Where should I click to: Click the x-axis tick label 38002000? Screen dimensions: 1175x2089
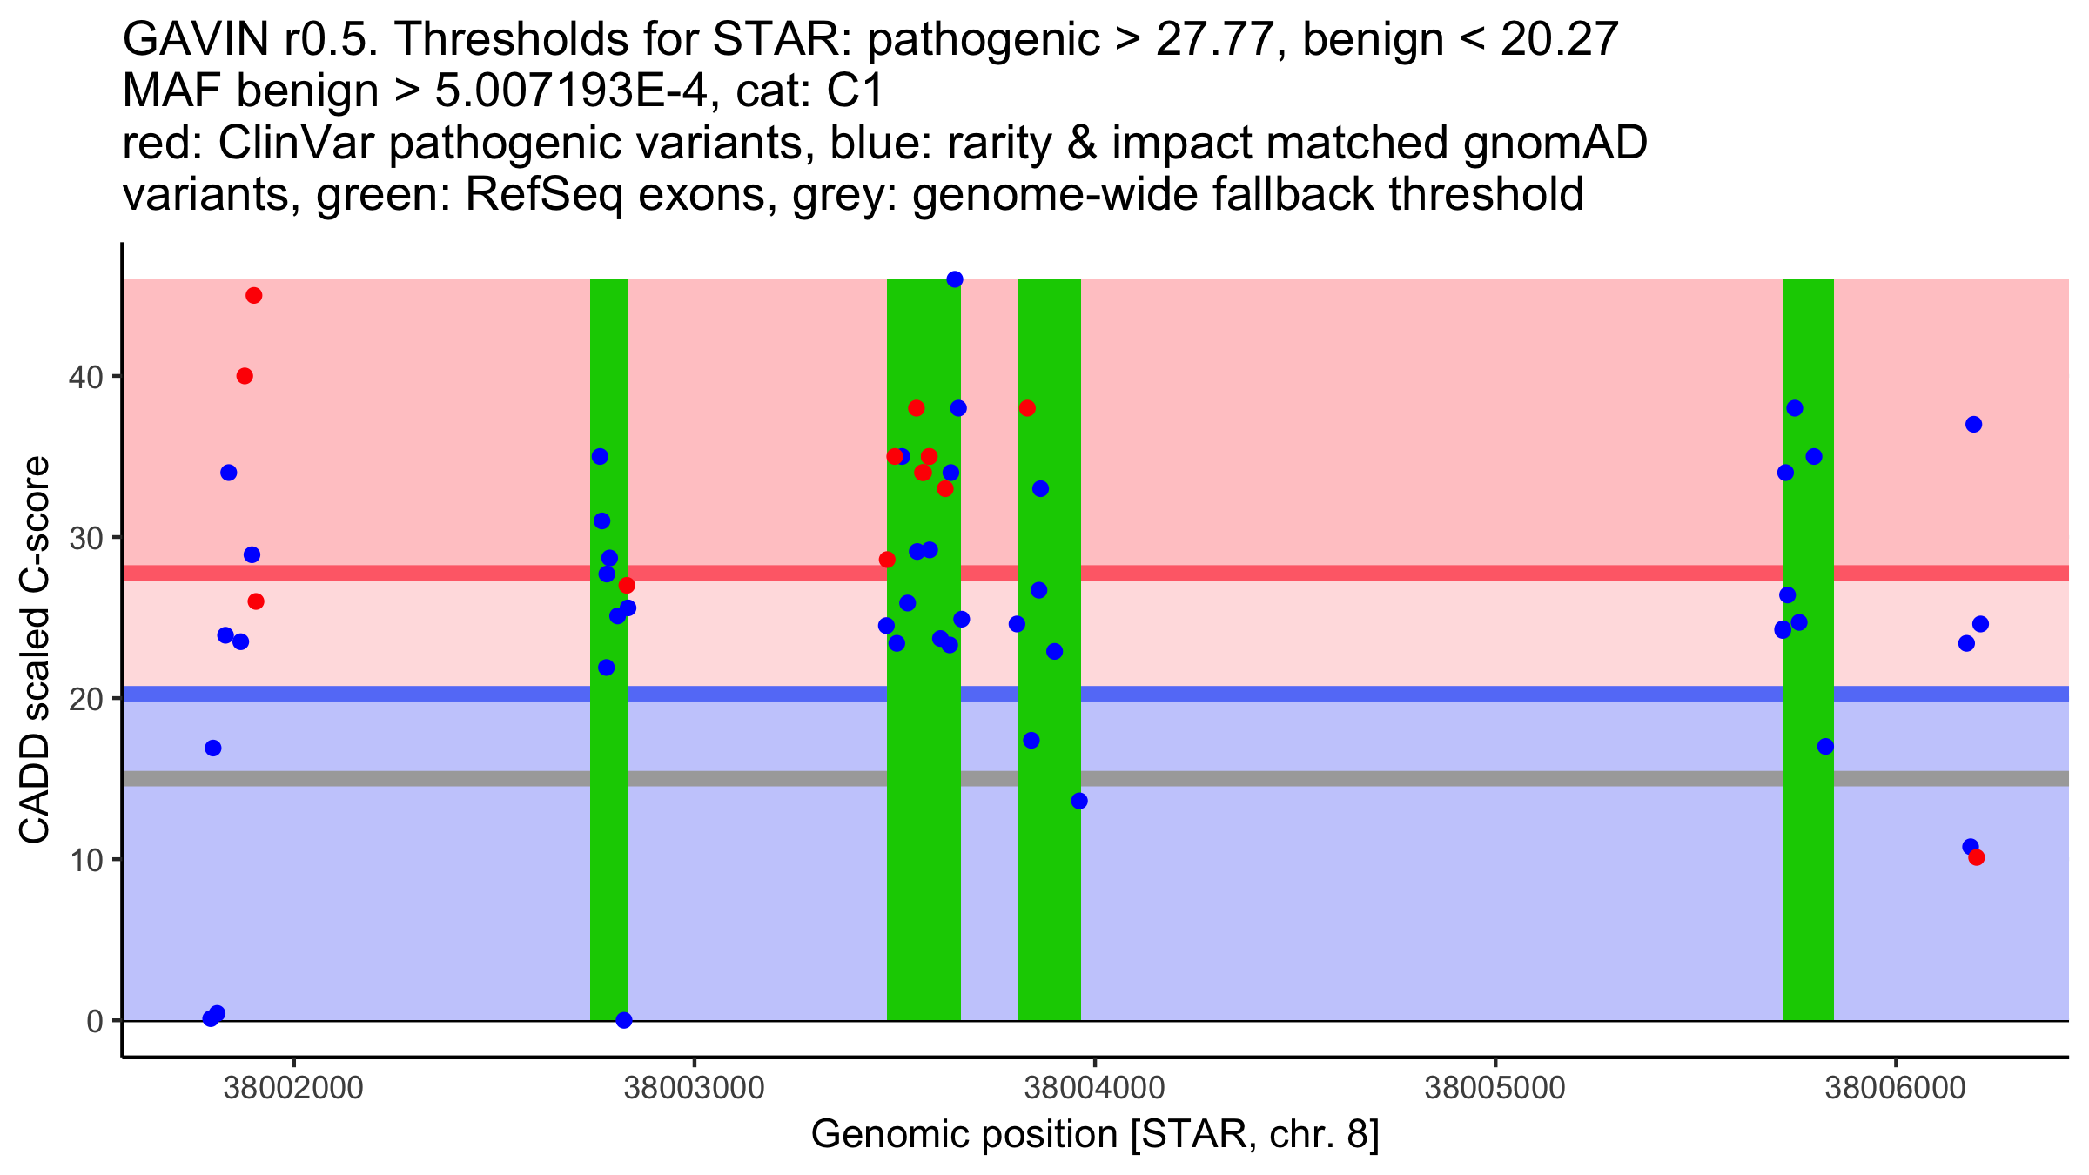coord(293,1089)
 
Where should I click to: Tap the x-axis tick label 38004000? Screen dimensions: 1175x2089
coord(1094,1089)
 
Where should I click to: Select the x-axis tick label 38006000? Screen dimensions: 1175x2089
coord(1895,1089)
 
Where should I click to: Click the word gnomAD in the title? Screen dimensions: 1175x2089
coord(1555,143)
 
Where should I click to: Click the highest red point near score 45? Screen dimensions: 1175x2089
coord(254,296)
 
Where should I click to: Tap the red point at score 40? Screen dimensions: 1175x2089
coord(245,376)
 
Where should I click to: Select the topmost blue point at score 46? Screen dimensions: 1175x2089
coord(955,279)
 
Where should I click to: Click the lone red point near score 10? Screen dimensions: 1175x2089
coord(1977,858)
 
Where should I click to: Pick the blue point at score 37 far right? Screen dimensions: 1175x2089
coord(1974,425)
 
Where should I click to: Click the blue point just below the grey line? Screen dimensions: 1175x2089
coord(1079,801)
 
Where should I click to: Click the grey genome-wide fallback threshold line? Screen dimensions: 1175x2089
coord(1393,778)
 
